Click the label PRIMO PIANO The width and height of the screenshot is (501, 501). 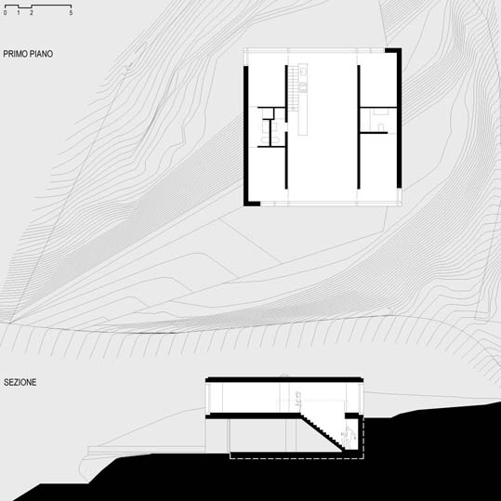tap(28, 54)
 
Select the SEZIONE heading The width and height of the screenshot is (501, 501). tap(20, 382)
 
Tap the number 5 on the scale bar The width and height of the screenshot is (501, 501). tap(71, 13)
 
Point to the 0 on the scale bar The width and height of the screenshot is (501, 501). tap(6, 13)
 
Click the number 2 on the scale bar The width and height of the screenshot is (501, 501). tap(32, 13)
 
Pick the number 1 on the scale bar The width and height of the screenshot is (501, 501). tap(19, 13)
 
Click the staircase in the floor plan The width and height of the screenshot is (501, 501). tap(293, 88)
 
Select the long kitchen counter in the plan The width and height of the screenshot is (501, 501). tap(303, 99)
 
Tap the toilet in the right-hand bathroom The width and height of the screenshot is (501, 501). tap(381, 128)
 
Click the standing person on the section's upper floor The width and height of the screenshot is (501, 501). tap(298, 400)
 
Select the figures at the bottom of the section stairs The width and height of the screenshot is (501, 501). tap(348, 437)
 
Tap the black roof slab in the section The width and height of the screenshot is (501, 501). tap(284, 379)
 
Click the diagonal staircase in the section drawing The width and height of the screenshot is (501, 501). tap(322, 432)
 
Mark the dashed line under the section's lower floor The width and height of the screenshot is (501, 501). tap(297, 458)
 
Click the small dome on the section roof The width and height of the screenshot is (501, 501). tap(284, 376)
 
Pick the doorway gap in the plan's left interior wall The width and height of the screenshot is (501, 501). tap(286, 126)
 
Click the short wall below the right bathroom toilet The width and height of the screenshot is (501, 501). tap(374, 133)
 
